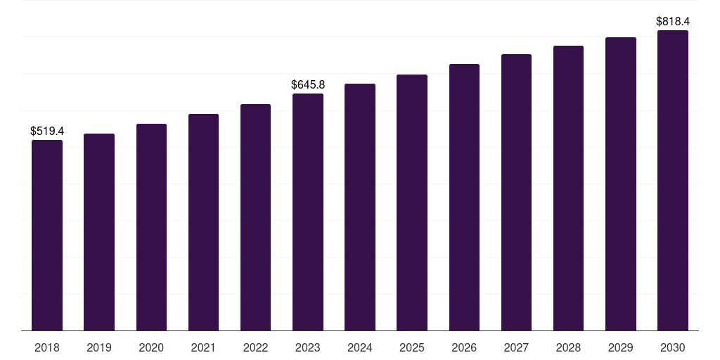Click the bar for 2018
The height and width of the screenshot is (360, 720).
tap(47, 235)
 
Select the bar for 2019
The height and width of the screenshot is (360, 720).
tap(99, 232)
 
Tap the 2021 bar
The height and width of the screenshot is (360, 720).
tap(203, 222)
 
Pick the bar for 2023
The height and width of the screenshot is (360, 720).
tap(308, 212)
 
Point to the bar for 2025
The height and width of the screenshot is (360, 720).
tap(412, 202)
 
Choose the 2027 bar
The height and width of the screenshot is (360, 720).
tap(516, 193)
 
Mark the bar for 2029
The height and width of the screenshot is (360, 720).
tap(621, 184)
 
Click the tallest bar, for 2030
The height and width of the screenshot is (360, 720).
tap(673, 181)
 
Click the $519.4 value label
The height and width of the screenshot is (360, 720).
tap(47, 131)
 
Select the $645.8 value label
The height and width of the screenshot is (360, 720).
tap(308, 84)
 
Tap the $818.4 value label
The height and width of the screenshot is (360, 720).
tap(673, 21)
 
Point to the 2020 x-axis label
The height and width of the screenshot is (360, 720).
tap(151, 347)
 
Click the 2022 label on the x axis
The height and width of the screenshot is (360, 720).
tap(255, 347)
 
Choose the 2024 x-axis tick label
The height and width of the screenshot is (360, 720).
tap(360, 347)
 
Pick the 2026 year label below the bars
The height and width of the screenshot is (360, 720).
tap(464, 347)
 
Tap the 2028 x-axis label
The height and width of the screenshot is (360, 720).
tap(568, 347)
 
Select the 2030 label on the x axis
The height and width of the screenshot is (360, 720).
tap(673, 347)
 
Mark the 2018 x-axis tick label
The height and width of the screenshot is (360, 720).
tap(47, 347)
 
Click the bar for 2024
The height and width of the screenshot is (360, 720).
tap(360, 207)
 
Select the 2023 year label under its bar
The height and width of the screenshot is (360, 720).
tap(308, 347)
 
